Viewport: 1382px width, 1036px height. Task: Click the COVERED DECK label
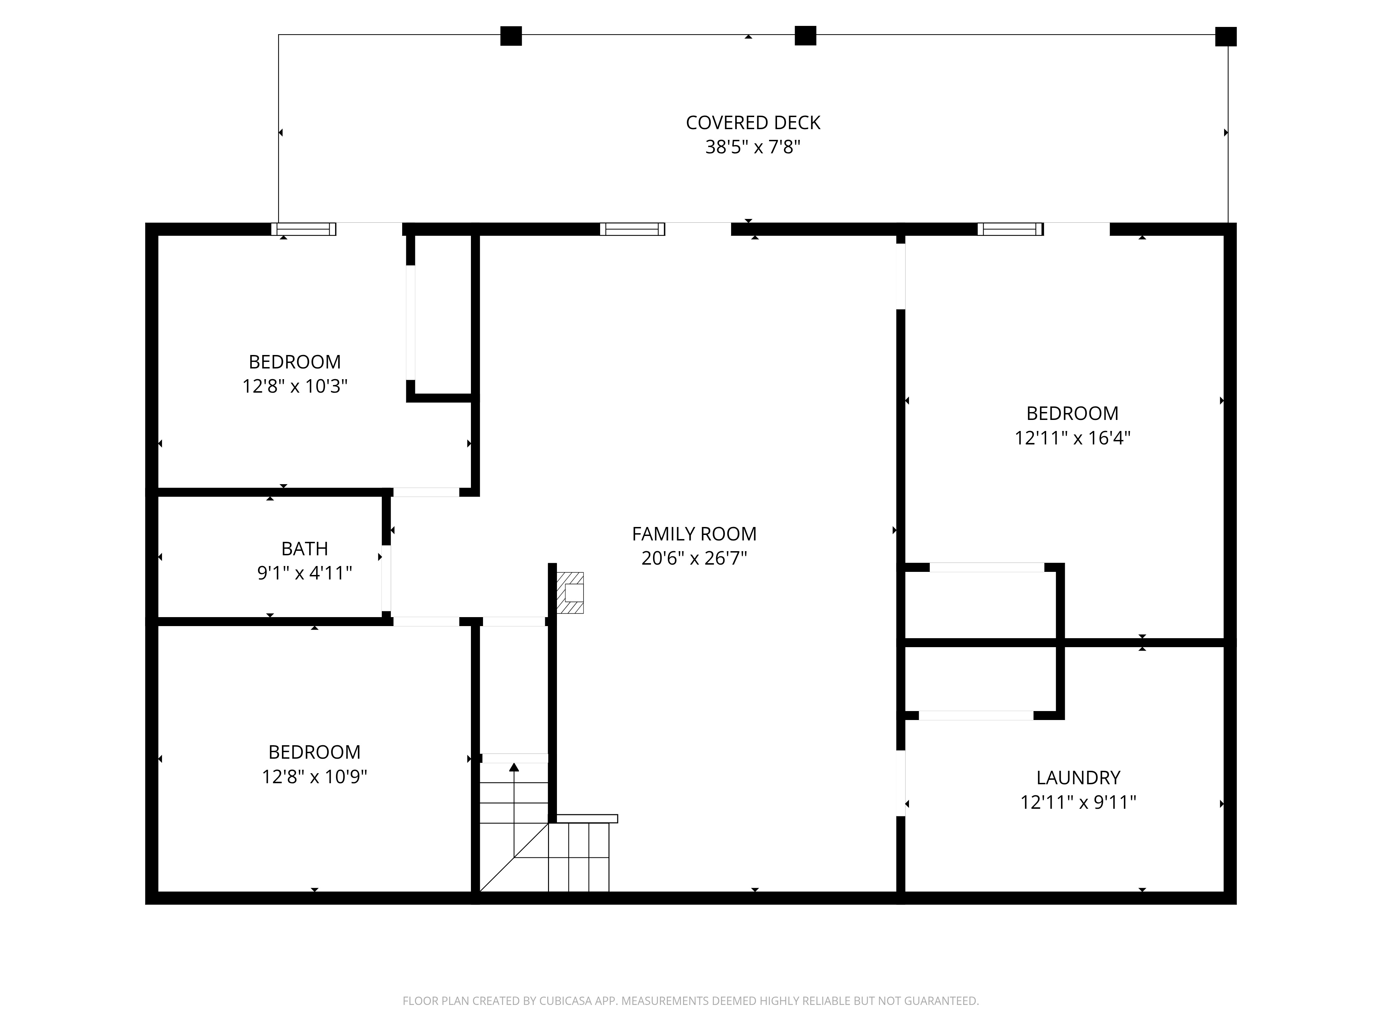(753, 122)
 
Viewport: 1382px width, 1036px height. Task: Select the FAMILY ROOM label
(694, 534)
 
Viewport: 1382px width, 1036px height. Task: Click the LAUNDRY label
(1078, 777)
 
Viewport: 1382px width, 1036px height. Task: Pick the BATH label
(304, 548)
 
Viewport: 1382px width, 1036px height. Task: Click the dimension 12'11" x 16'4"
(1072, 438)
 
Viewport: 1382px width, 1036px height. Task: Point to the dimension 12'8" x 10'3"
(295, 386)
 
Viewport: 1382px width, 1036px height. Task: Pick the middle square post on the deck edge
(805, 36)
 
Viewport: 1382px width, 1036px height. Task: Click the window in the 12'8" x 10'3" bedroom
(304, 229)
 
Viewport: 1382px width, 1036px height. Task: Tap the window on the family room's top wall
(632, 229)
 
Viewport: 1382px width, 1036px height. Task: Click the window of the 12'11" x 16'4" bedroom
(1010, 229)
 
